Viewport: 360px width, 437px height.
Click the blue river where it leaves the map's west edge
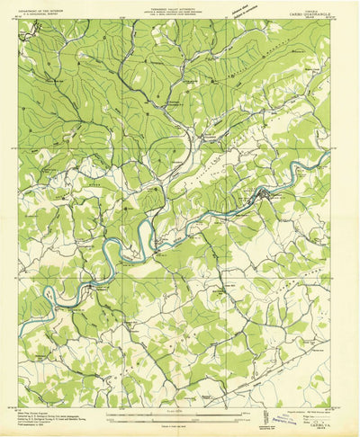[x=20, y=306]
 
